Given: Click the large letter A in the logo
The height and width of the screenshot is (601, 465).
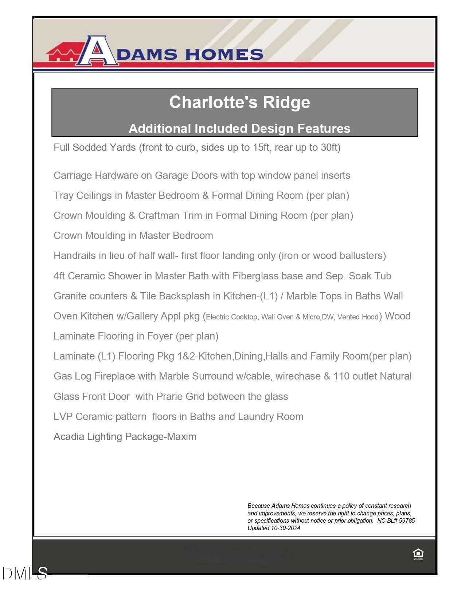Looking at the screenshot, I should coord(97,51).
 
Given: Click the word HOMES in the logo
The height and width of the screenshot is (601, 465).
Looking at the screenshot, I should coord(224,55).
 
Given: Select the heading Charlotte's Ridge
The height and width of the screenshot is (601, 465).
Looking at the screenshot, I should coord(239,102).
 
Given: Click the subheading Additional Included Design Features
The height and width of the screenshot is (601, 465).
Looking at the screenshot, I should coord(239,129).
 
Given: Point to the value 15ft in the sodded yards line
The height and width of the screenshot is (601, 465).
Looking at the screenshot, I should coord(261,148).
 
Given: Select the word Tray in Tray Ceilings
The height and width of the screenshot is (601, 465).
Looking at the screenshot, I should coord(63,196).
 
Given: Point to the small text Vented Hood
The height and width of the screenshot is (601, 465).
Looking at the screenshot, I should coord(358,317).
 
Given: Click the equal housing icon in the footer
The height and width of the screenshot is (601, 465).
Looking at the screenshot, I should coord(418,554).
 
